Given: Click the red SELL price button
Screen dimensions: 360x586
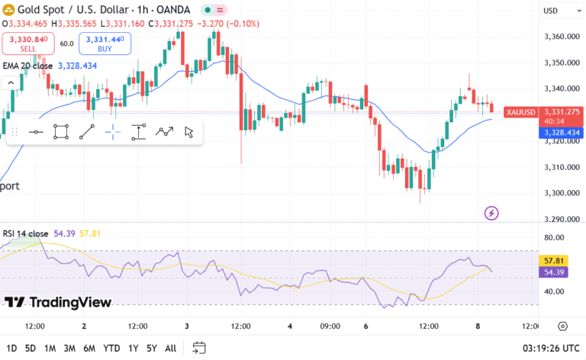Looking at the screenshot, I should (x=27, y=43).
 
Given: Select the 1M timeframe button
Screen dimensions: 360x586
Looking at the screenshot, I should (x=50, y=349).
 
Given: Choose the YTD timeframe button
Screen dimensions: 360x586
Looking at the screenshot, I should (x=111, y=349).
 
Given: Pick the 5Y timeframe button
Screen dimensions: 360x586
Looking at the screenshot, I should (x=151, y=349).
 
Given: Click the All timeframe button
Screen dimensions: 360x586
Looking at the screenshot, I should (x=171, y=349).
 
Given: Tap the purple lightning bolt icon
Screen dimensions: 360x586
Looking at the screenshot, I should (x=491, y=213).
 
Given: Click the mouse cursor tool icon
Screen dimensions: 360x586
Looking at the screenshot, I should (x=188, y=133).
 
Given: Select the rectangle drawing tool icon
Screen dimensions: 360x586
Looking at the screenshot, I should (x=61, y=133).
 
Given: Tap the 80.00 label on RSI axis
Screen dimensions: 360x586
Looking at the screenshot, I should (x=553, y=237).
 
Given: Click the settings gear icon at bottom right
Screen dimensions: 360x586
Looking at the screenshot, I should (x=563, y=326).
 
